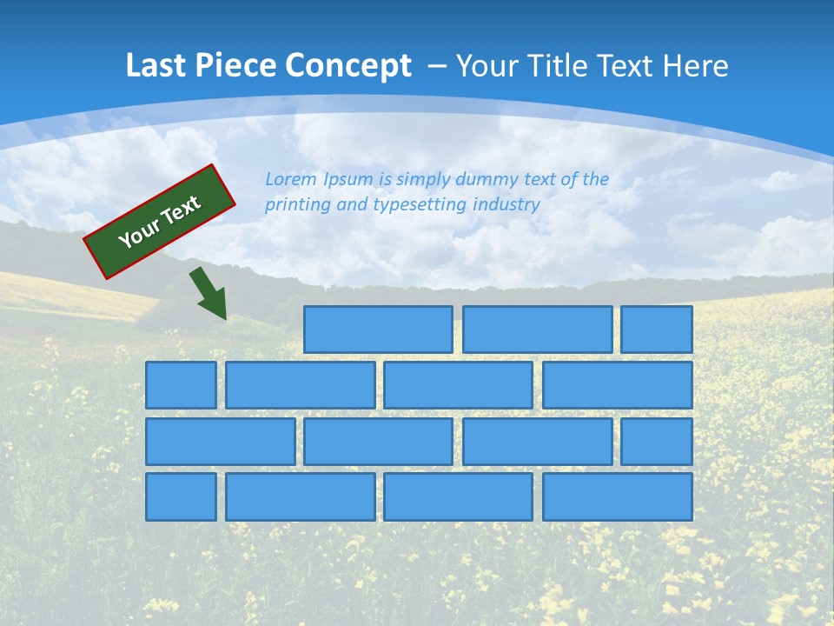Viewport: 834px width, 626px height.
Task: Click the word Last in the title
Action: pos(156,66)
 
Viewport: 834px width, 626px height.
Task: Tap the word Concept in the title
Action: pos(349,66)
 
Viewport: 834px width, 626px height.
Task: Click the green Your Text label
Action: pos(160,221)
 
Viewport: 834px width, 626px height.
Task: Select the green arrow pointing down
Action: pos(209,293)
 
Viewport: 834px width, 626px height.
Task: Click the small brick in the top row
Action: pos(656,330)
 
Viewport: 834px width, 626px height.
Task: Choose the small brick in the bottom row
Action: pos(181,496)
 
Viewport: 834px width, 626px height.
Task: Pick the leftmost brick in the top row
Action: pos(378,330)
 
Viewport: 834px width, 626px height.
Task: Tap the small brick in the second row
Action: pos(181,385)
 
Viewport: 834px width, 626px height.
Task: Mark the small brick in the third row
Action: pos(656,442)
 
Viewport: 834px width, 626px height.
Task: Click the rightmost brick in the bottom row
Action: pos(617,496)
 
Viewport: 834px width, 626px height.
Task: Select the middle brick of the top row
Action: pos(537,330)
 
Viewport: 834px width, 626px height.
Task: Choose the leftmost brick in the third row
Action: pos(220,442)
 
